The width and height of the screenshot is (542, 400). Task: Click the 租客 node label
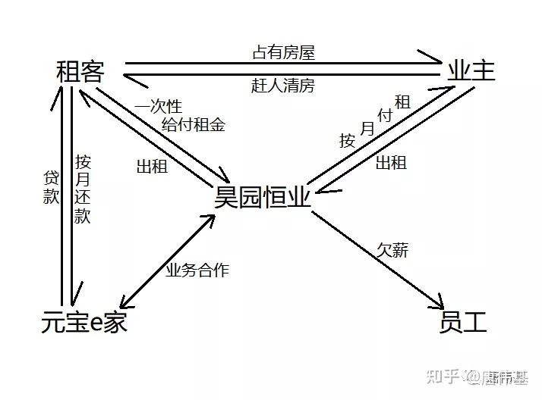click(80, 73)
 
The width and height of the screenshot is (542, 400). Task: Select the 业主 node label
click(471, 71)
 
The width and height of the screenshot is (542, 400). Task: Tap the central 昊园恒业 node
click(263, 198)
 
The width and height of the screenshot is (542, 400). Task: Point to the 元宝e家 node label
click(84, 323)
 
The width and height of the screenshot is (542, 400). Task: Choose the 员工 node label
click(463, 323)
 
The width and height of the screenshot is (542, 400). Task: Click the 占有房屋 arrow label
click(283, 52)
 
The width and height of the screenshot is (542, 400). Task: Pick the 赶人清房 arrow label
click(282, 86)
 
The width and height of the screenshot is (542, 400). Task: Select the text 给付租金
click(193, 125)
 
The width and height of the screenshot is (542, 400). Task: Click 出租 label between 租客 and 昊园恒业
click(151, 166)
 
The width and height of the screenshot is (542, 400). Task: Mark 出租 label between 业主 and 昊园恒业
click(391, 161)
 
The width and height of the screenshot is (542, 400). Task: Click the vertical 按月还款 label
click(83, 189)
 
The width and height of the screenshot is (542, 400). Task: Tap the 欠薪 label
click(392, 250)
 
